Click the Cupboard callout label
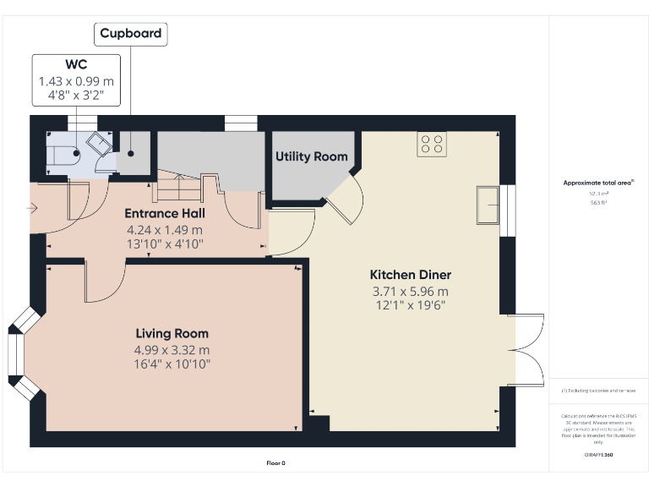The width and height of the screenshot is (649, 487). [x=130, y=34]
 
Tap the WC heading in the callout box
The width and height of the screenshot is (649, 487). [x=76, y=65]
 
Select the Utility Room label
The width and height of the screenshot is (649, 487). [x=311, y=156]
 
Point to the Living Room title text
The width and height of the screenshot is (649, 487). [x=172, y=333]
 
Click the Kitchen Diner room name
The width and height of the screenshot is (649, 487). [x=410, y=275]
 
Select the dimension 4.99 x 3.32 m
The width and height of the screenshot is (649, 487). [x=172, y=349]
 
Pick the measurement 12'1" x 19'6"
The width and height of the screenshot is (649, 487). [x=410, y=305]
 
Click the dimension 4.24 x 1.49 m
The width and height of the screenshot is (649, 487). [x=164, y=229]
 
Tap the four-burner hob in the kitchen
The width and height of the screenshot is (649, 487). [x=432, y=144]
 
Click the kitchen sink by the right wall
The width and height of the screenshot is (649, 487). [x=488, y=205]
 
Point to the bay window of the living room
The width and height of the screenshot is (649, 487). [x=21, y=353]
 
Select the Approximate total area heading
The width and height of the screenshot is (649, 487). [x=598, y=183]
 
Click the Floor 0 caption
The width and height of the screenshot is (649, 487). [x=276, y=462]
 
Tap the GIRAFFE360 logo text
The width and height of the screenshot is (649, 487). [x=598, y=454]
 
